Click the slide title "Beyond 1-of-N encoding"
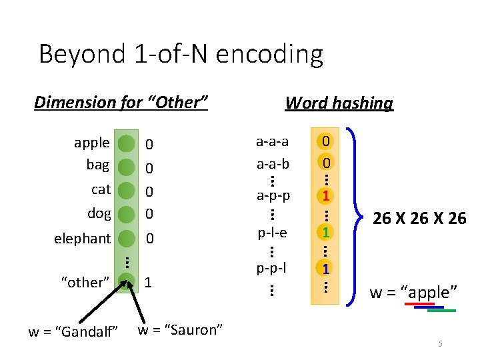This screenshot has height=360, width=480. pos(181,54)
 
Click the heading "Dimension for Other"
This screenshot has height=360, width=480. pos(121,102)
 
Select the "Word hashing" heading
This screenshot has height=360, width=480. pos(339,103)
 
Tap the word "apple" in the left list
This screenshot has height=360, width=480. pos(92,143)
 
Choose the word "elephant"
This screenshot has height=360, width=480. pos(83,238)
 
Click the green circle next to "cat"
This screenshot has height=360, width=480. pos(126,190)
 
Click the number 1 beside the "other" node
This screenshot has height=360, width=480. pos(148,283)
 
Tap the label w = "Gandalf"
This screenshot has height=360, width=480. pos(73,331)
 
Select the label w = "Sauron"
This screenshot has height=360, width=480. pos(180,329)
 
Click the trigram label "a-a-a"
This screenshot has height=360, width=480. pos(272,141)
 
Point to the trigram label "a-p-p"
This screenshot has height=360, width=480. pos(272,196)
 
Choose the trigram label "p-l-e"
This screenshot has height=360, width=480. pos(272,233)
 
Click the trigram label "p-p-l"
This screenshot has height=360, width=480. pos(272,268)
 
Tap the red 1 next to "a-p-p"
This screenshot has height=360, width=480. pos(325,196)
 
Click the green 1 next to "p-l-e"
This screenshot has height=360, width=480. pos(325,233)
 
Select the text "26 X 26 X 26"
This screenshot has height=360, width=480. pos(419,218)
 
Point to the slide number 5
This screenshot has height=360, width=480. pos(440,344)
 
